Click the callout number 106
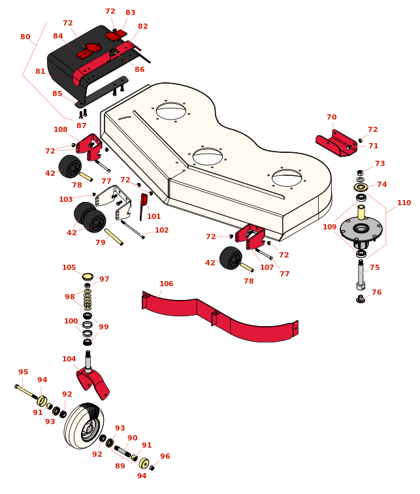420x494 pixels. (167, 284)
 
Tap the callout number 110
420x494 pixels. (404, 203)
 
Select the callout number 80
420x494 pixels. (25, 37)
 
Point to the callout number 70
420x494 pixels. (332, 118)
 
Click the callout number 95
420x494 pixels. (24, 372)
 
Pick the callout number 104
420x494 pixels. (69, 359)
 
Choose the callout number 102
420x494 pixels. (161, 231)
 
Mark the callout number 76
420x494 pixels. (377, 293)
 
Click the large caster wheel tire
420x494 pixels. (83, 426)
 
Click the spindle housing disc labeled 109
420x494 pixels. (361, 229)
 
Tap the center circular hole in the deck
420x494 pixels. (208, 157)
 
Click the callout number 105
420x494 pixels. (69, 268)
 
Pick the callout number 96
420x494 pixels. (165, 457)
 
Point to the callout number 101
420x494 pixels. (153, 217)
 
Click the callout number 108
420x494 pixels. (61, 130)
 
